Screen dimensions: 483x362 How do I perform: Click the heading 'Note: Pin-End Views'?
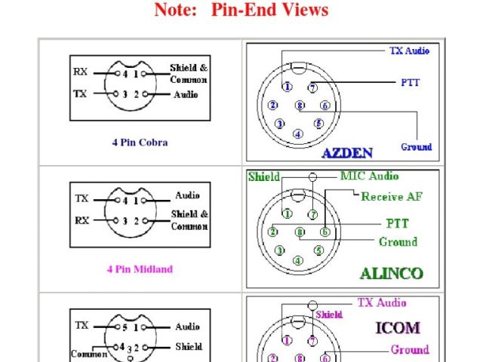pyautogui.click(x=241, y=11)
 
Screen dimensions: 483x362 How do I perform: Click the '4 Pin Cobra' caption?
pyautogui.click(x=140, y=142)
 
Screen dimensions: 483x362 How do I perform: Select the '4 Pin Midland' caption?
pyautogui.click(x=140, y=268)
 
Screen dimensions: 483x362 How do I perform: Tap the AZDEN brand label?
pyautogui.click(x=347, y=153)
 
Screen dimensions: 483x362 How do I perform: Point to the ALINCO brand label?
pyautogui.click(x=390, y=274)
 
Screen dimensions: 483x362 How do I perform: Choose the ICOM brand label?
pyautogui.click(x=397, y=328)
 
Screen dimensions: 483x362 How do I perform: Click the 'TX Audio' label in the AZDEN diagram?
pyautogui.click(x=409, y=51)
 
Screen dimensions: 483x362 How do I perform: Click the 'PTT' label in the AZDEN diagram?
pyautogui.click(x=411, y=83)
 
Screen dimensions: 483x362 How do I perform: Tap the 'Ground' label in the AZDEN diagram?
pyautogui.click(x=416, y=147)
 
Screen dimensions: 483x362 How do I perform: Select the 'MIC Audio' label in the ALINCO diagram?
pyautogui.click(x=369, y=176)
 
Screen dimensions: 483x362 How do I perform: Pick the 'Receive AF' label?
pyautogui.click(x=392, y=197)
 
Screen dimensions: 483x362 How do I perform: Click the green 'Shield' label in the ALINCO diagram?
pyautogui.click(x=263, y=177)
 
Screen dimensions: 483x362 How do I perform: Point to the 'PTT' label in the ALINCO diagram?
pyautogui.click(x=398, y=224)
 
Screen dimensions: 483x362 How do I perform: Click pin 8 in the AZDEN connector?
pyautogui.click(x=300, y=106)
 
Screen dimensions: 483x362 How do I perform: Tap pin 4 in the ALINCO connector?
pyautogui.click(x=298, y=261)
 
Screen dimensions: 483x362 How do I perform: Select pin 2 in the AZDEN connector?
pyautogui.click(x=272, y=106)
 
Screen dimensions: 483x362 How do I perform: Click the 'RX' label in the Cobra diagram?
pyautogui.click(x=81, y=72)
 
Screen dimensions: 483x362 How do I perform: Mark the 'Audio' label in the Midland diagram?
pyautogui.click(x=187, y=195)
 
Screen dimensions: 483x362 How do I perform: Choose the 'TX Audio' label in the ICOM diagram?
pyautogui.click(x=381, y=303)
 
